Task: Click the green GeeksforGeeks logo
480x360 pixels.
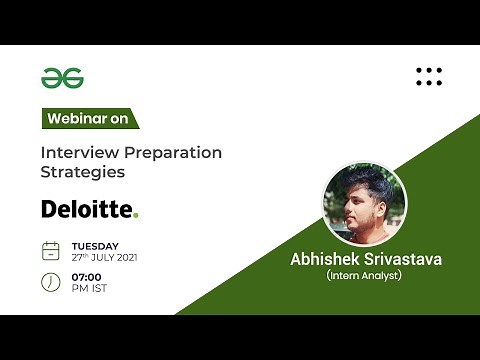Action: [61, 77]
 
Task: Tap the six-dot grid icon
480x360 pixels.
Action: [428, 76]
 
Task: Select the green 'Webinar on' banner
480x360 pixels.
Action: [88, 118]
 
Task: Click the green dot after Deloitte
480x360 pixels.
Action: [136, 215]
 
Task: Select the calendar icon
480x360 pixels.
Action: [50, 251]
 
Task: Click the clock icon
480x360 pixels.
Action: [50, 282]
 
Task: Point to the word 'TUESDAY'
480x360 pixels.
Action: [95, 245]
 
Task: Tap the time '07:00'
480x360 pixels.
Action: [87, 276]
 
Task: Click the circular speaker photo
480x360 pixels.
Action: [364, 204]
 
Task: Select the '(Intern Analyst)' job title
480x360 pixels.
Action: [364, 275]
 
